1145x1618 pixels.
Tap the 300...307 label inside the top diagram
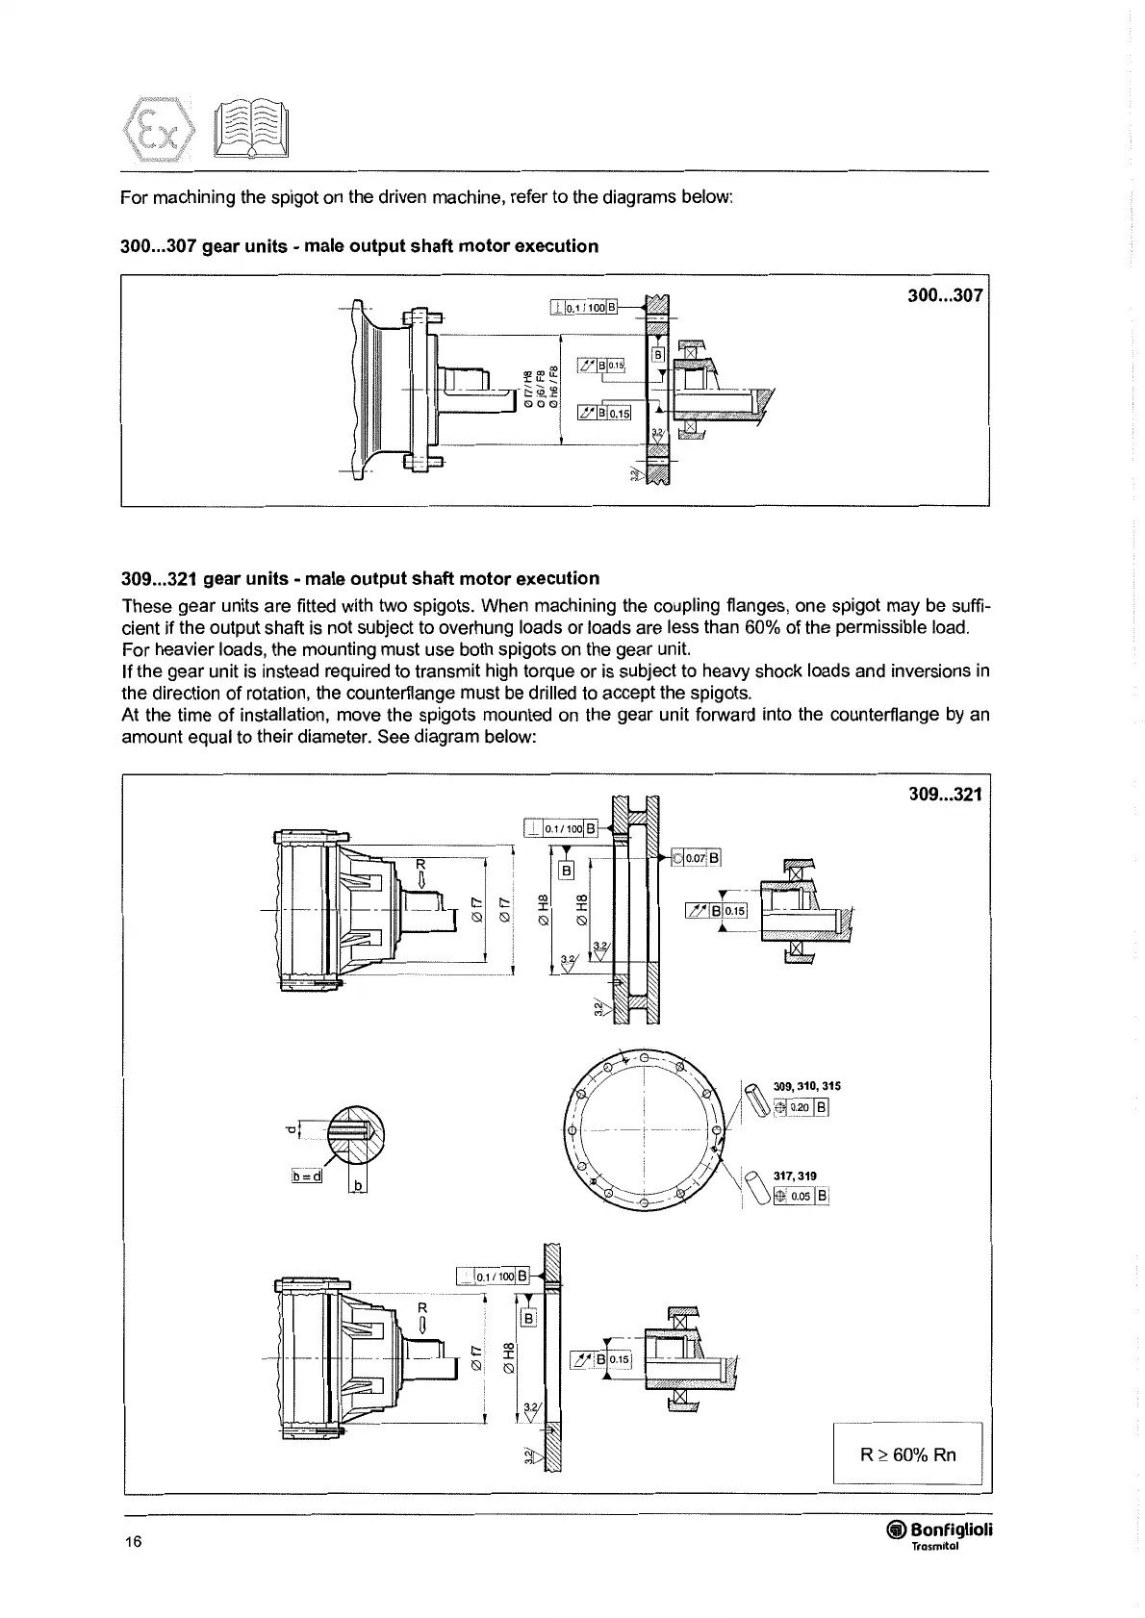(x=945, y=295)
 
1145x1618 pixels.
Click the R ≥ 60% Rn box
(x=907, y=1454)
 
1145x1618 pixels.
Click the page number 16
(x=132, y=1543)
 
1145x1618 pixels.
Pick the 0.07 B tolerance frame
(x=696, y=858)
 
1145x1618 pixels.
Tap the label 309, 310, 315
(x=806, y=1086)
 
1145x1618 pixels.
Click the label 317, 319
(x=795, y=1176)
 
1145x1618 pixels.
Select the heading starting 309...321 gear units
(x=361, y=578)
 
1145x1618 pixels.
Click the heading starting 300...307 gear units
(x=360, y=245)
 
